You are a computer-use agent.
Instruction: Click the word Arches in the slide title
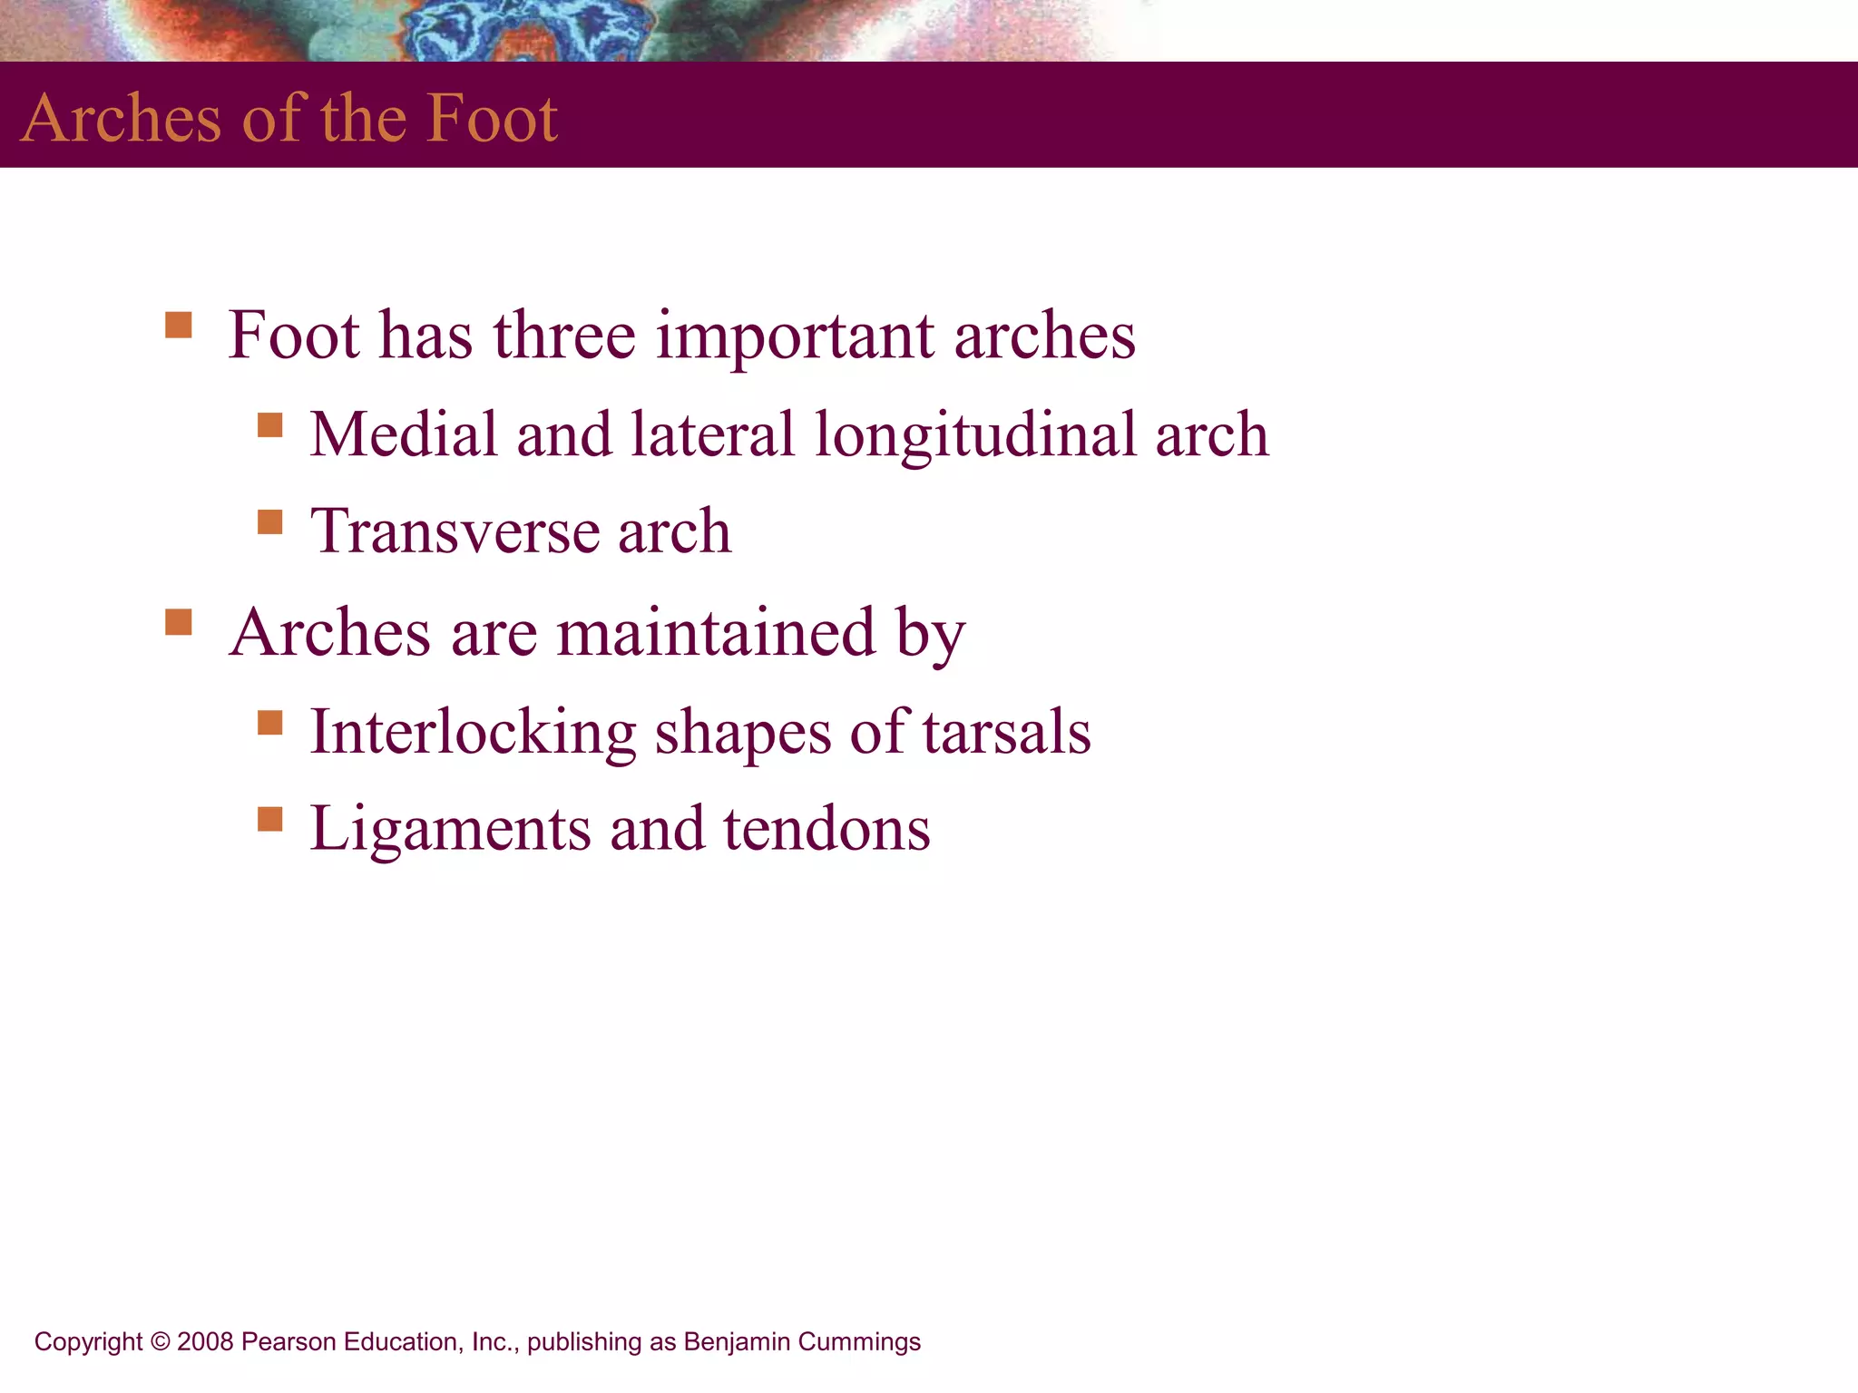point(121,118)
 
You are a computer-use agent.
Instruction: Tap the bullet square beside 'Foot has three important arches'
point(179,325)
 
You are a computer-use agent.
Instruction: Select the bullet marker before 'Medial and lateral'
point(269,424)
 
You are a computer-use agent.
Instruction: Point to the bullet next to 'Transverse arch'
point(269,521)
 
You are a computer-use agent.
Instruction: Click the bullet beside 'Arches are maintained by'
point(179,622)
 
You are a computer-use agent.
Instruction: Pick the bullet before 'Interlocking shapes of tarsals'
point(269,722)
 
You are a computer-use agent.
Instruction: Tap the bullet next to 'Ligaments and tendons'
point(269,819)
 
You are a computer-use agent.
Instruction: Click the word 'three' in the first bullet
point(564,336)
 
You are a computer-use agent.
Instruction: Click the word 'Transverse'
point(454,531)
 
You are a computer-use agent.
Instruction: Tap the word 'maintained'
point(716,632)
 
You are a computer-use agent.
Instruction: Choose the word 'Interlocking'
point(473,733)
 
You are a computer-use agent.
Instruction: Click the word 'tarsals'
point(1006,733)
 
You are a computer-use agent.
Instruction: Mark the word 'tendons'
point(826,830)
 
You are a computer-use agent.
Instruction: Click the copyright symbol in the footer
point(160,1341)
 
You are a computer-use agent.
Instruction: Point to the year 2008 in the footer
point(206,1341)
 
